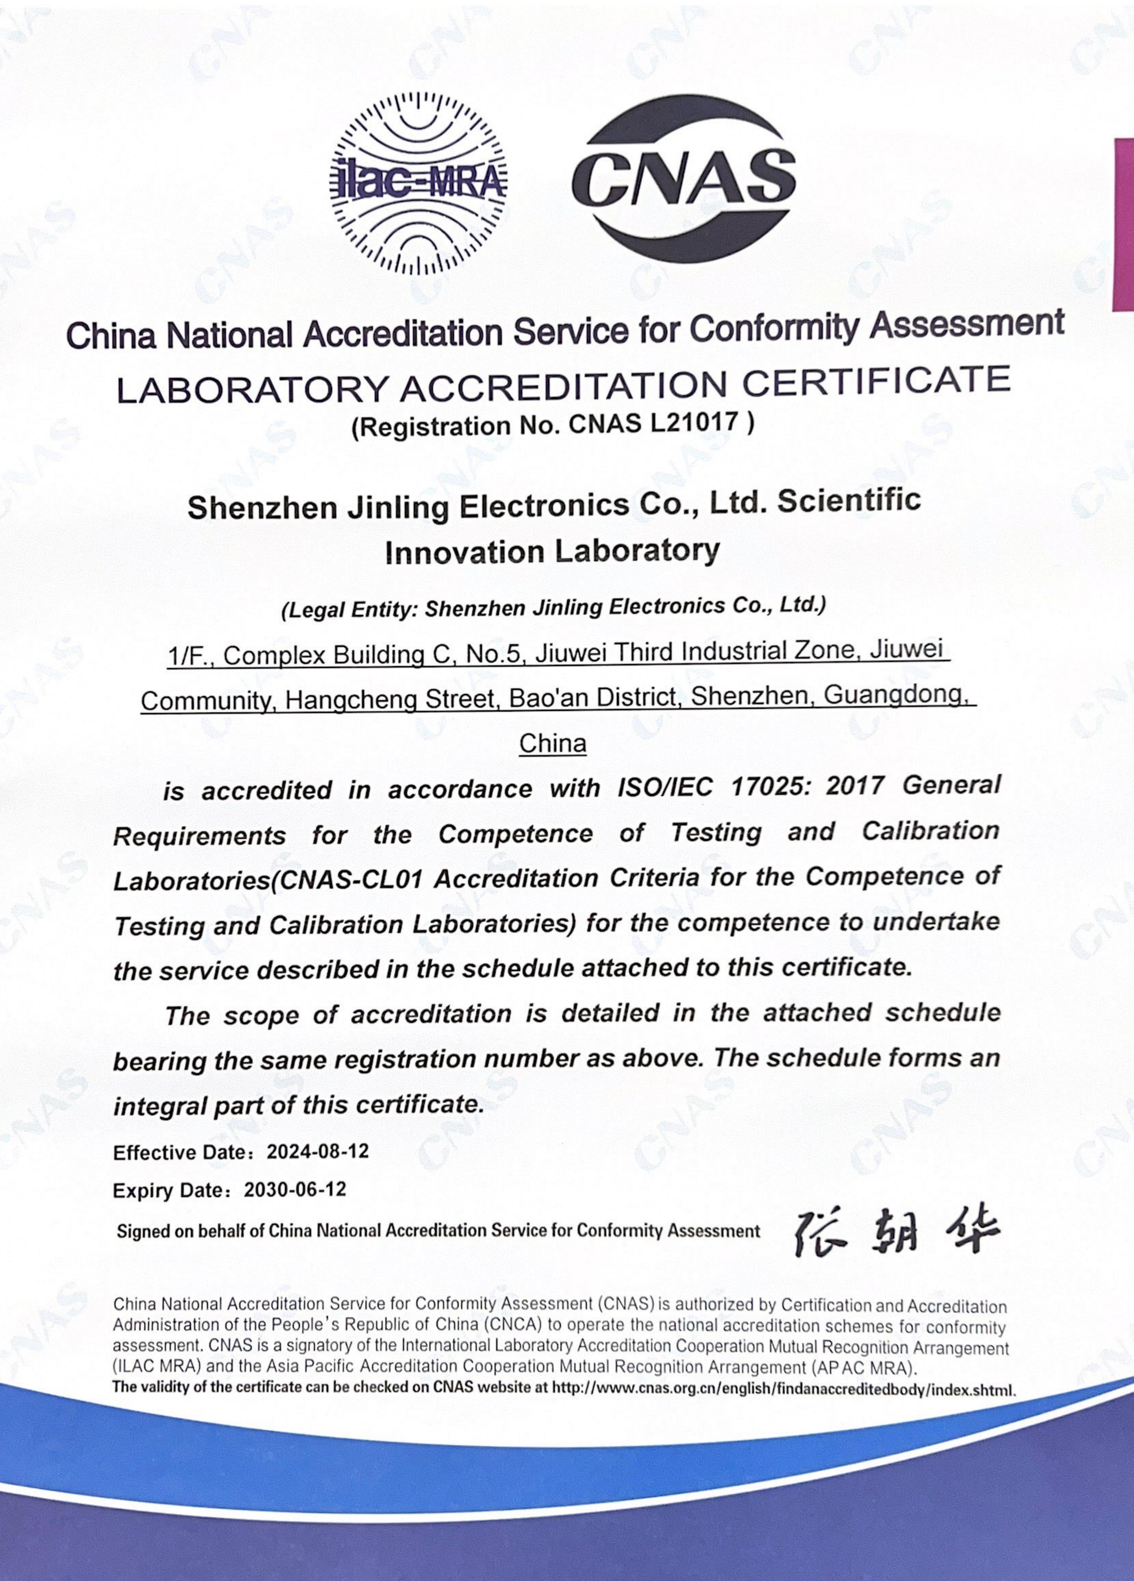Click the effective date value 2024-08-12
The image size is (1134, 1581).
(317, 1152)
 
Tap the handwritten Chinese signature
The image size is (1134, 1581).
(896, 1233)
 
